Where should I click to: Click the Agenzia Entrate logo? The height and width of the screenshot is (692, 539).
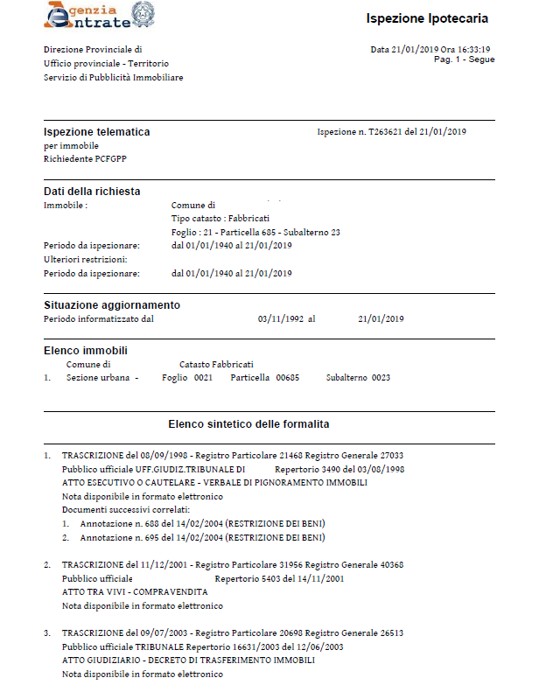[x=87, y=17]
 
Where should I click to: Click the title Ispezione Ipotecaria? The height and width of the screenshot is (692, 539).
[x=427, y=19]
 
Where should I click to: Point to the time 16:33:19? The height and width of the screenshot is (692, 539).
[x=473, y=50]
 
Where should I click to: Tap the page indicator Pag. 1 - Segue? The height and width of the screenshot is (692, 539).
[x=464, y=59]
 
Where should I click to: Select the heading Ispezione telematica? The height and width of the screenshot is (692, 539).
[x=96, y=132]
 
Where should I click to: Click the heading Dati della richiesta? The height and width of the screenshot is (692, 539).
[x=92, y=192]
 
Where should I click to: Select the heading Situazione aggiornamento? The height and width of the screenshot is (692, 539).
[x=112, y=305]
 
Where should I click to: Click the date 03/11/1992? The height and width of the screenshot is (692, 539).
[x=280, y=319]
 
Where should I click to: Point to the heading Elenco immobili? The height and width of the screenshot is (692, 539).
[x=84, y=351]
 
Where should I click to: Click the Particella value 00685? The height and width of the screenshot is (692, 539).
[x=288, y=377]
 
